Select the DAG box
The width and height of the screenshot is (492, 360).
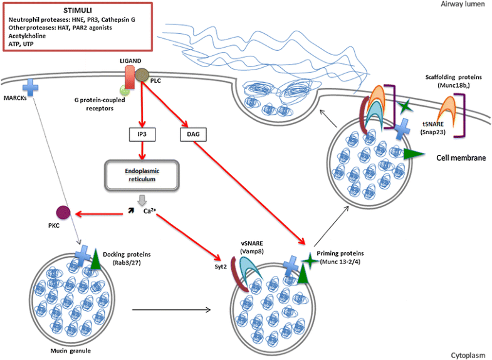(x=192, y=134)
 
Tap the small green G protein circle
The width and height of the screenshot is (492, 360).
(x=125, y=90)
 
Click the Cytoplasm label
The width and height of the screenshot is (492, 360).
(x=468, y=355)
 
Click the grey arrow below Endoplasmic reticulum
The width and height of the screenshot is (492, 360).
(x=144, y=199)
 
